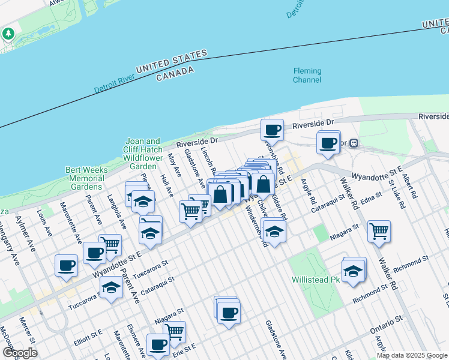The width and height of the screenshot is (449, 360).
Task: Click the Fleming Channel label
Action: tap(307, 75)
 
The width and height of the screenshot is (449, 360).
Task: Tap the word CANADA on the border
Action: tap(175, 74)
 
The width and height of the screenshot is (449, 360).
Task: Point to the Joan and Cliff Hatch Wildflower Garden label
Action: tap(143, 154)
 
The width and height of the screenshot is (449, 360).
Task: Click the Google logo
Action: tap(20, 353)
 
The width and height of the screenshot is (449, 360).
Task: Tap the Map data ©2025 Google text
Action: tap(412, 355)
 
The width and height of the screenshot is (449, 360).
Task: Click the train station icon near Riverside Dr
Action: tap(354, 143)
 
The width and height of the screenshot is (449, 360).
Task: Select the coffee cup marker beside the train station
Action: tap(328, 143)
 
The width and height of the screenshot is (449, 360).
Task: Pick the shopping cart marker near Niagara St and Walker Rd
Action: tap(379, 230)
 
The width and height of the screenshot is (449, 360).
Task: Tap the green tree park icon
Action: tap(8, 33)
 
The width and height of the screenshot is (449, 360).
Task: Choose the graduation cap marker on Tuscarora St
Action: tap(111, 288)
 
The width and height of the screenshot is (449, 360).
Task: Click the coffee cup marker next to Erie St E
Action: tap(158, 345)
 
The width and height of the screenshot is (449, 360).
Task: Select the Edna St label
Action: tap(372, 200)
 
